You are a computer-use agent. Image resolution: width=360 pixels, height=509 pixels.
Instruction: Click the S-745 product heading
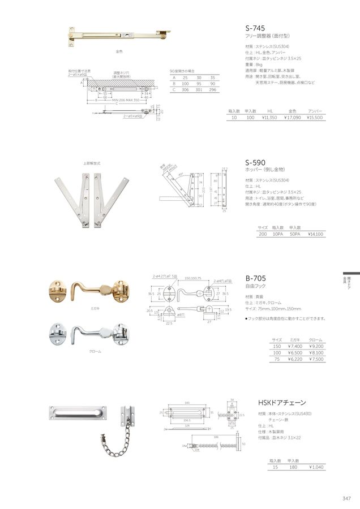[x=255, y=26]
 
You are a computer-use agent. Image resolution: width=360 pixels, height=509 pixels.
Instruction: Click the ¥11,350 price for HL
[x=269, y=118]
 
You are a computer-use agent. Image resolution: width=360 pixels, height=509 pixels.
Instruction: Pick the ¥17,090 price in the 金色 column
[x=292, y=118]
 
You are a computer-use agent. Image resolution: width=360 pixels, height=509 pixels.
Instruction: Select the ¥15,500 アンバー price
[x=315, y=118]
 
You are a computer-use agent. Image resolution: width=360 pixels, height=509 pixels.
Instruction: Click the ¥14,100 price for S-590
[x=316, y=234]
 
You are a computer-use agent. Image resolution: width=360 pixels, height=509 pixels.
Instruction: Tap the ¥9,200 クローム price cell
[x=316, y=346]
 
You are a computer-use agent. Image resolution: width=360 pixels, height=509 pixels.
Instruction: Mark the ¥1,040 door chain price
[x=317, y=467]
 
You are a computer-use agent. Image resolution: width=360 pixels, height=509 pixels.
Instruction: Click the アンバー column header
[x=315, y=111]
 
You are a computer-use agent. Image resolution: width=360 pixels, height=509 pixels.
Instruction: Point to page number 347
[x=346, y=498]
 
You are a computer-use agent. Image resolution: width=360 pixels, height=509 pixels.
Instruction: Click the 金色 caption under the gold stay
[x=119, y=51]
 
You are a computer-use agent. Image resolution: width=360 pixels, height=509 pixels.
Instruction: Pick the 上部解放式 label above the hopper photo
[x=92, y=163]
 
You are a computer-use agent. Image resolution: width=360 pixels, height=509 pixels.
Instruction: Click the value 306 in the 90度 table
[x=183, y=89]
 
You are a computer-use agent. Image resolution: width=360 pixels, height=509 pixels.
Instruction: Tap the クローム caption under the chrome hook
[x=95, y=351]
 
